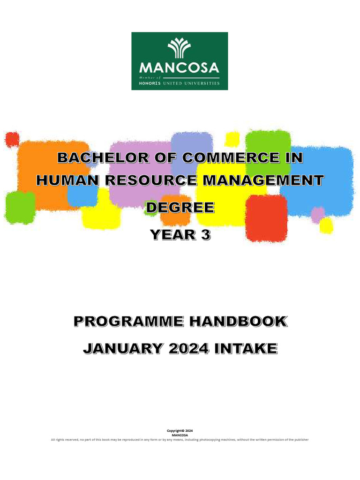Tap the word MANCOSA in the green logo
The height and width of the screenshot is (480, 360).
coord(180,68)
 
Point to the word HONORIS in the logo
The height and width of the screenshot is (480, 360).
coord(150,83)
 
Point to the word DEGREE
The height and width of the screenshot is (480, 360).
coord(180,207)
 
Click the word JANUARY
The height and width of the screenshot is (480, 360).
coord(123,349)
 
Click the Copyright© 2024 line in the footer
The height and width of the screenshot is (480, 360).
coord(180,430)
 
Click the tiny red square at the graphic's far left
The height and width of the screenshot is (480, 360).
coord(12,139)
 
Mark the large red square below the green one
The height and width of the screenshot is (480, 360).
coord(266,218)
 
